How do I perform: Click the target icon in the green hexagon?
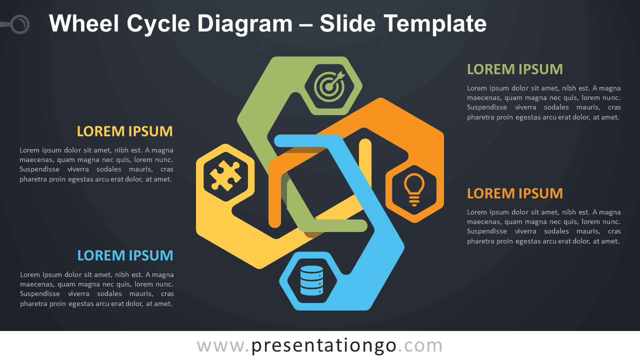(x=329, y=86)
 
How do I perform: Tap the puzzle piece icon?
(x=225, y=175)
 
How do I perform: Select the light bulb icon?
(x=414, y=189)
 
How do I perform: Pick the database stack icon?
(x=311, y=280)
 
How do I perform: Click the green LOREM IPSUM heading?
(x=515, y=69)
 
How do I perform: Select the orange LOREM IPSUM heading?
(x=515, y=193)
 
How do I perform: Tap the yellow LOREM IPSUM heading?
(x=125, y=131)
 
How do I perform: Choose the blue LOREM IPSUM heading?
(x=125, y=255)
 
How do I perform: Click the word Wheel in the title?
(x=83, y=23)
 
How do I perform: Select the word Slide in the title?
(x=347, y=23)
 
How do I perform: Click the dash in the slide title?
(x=306, y=25)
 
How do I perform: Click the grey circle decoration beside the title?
(x=20, y=24)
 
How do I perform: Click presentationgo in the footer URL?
(x=324, y=346)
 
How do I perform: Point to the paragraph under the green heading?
(x=543, y=102)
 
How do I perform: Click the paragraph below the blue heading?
(x=97, y=289)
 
